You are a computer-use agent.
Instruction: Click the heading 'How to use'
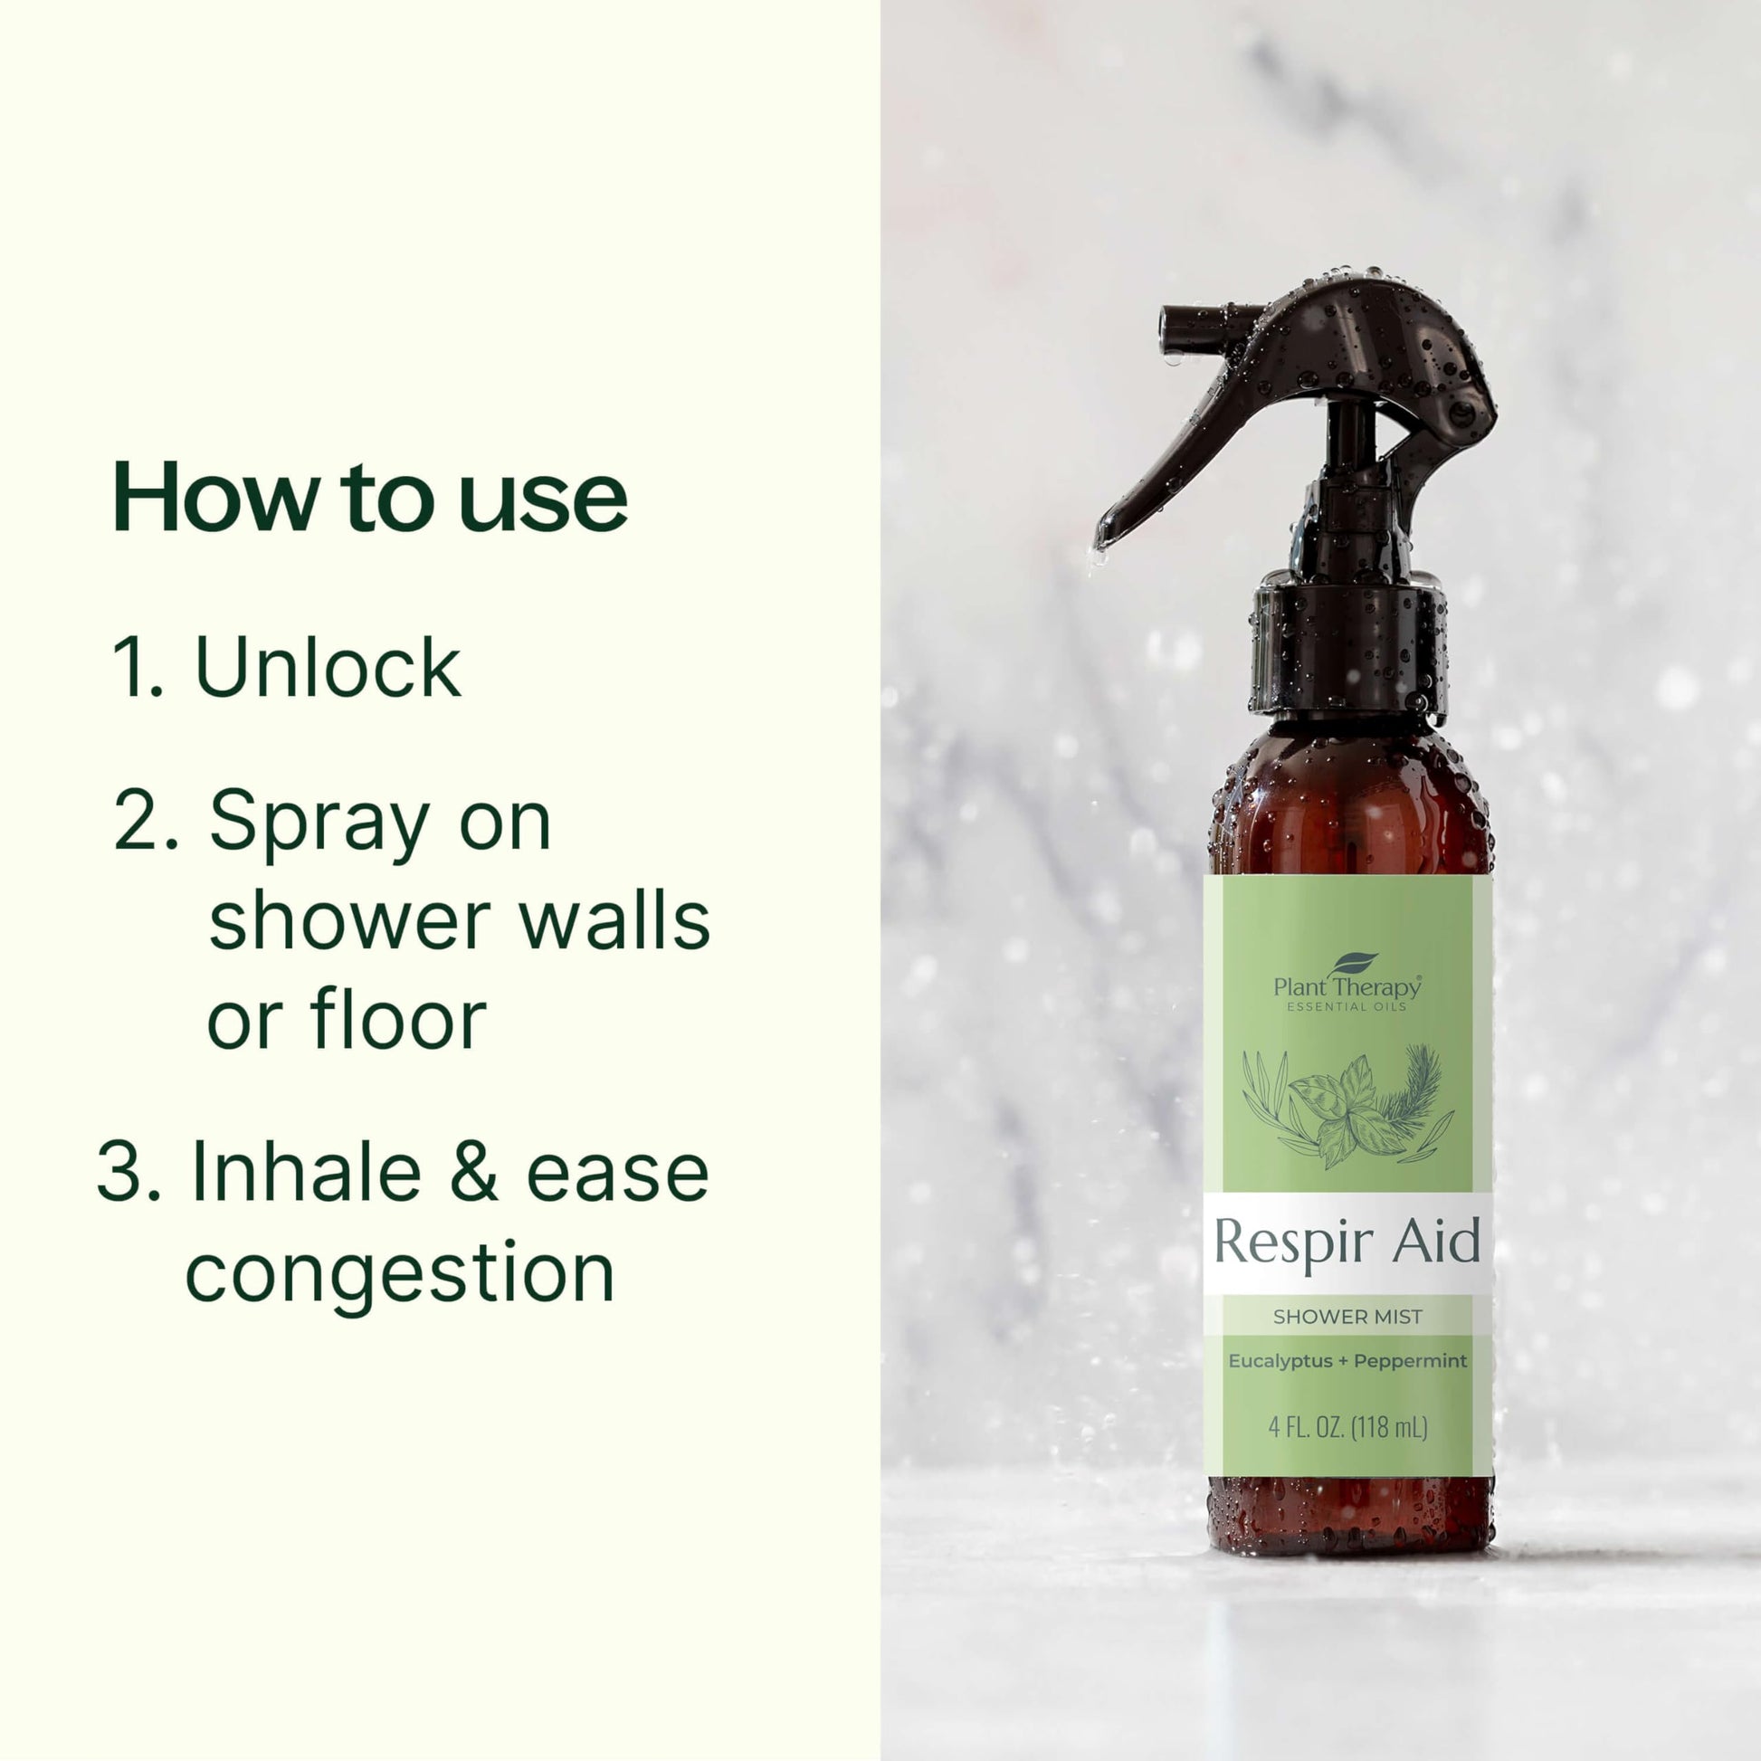click(369, 499)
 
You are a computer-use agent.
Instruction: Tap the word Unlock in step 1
click(328, 669)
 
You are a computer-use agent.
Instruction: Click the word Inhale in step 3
click(306, 1174)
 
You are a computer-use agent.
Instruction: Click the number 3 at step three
click(127, 1174)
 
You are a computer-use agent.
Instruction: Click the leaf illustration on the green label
click(1347, 1108)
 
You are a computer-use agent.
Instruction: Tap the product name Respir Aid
click(1347, 1243)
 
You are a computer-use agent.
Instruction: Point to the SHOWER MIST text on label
click(1347, 1317)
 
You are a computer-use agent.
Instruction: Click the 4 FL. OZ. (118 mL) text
click(1347, 1426)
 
